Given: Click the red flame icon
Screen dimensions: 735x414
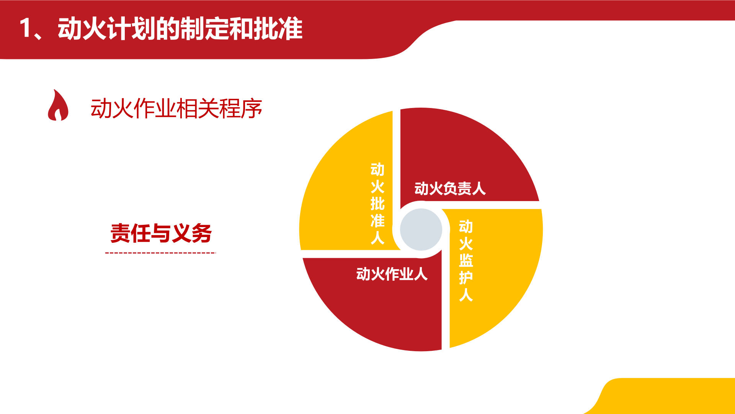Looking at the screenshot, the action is click(x=58, y=106).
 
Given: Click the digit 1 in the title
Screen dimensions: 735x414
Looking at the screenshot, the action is click(x=26, y=29).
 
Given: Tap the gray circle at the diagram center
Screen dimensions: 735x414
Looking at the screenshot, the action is click(x=421, y=229).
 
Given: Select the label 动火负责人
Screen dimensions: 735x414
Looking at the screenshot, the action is click(x=450, y=188).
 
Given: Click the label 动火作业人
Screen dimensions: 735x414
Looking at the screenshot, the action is click(x=392, y=274).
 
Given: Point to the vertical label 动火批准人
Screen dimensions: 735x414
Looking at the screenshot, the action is click(x=377, y=203).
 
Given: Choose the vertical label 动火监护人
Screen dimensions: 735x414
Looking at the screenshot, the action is click(x=466, y=260).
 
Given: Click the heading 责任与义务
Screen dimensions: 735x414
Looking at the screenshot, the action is click(x=161, y=233).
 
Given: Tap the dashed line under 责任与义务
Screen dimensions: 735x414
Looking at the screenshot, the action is click(x=160, y=253).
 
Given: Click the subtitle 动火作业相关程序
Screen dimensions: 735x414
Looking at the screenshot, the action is click(x=176, y=109).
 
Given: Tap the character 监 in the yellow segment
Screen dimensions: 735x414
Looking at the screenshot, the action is click(x=466, y=261).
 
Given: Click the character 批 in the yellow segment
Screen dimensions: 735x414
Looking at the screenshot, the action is click(x=377, y=203).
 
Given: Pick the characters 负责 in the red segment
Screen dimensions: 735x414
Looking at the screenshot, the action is click(x=450, y=188).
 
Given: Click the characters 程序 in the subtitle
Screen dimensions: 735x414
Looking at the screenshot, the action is click(x=241, y=109).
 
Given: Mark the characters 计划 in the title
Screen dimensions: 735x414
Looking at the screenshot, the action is click(x=131, y=29).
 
